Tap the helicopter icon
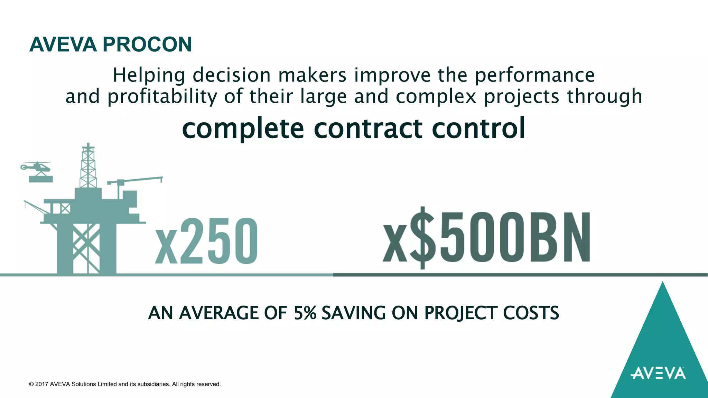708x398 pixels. point(36,167)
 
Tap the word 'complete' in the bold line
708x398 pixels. point(243,129)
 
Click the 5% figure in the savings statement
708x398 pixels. point(305,313)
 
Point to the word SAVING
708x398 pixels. point(353,313)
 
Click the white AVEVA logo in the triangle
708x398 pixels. point(658,373)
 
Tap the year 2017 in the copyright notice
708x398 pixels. point(41,384)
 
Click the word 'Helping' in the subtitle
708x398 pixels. point(149,75)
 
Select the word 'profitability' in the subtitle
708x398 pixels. point(162,96)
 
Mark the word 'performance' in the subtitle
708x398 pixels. point(535,75)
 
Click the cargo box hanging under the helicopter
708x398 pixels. point(41,179)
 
